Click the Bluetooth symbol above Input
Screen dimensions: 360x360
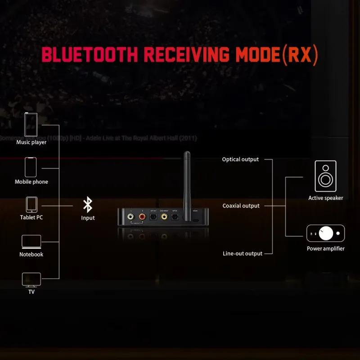click(88, 205)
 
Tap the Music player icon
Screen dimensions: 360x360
click(31, 125)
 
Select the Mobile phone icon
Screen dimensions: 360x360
click(31, 167)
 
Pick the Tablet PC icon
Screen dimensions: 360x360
click(31, 205)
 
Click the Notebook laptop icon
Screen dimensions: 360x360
click(31, 241)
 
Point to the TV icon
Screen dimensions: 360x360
click(31, 280)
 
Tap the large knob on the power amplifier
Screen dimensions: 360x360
click(326, 233)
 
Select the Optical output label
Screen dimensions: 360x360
click(240, 159)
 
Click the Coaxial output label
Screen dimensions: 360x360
click(241, 206)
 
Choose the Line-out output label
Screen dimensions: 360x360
click(242, 253)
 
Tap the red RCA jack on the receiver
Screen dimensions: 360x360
click(142, 217)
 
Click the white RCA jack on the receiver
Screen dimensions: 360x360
click(130, 217)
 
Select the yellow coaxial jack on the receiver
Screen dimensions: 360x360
click(164, 216)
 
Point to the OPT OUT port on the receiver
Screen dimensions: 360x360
click(153, 216)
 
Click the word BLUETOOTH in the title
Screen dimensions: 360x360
click(90, 54)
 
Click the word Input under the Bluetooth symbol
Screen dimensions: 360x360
click(88, 218)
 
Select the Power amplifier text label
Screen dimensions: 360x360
click(325, 248)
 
